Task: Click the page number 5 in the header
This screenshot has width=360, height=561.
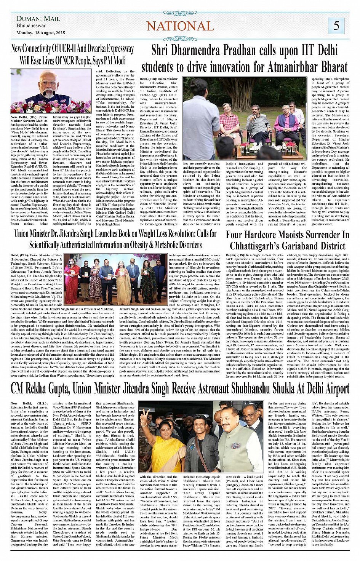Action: click(x=336, y=26)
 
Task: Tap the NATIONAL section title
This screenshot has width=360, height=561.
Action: click(x=180, y=26)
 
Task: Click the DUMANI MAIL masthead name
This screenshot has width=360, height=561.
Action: click(x=38, y=19)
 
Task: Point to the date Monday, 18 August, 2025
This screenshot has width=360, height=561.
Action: click(x=41, y=33)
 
